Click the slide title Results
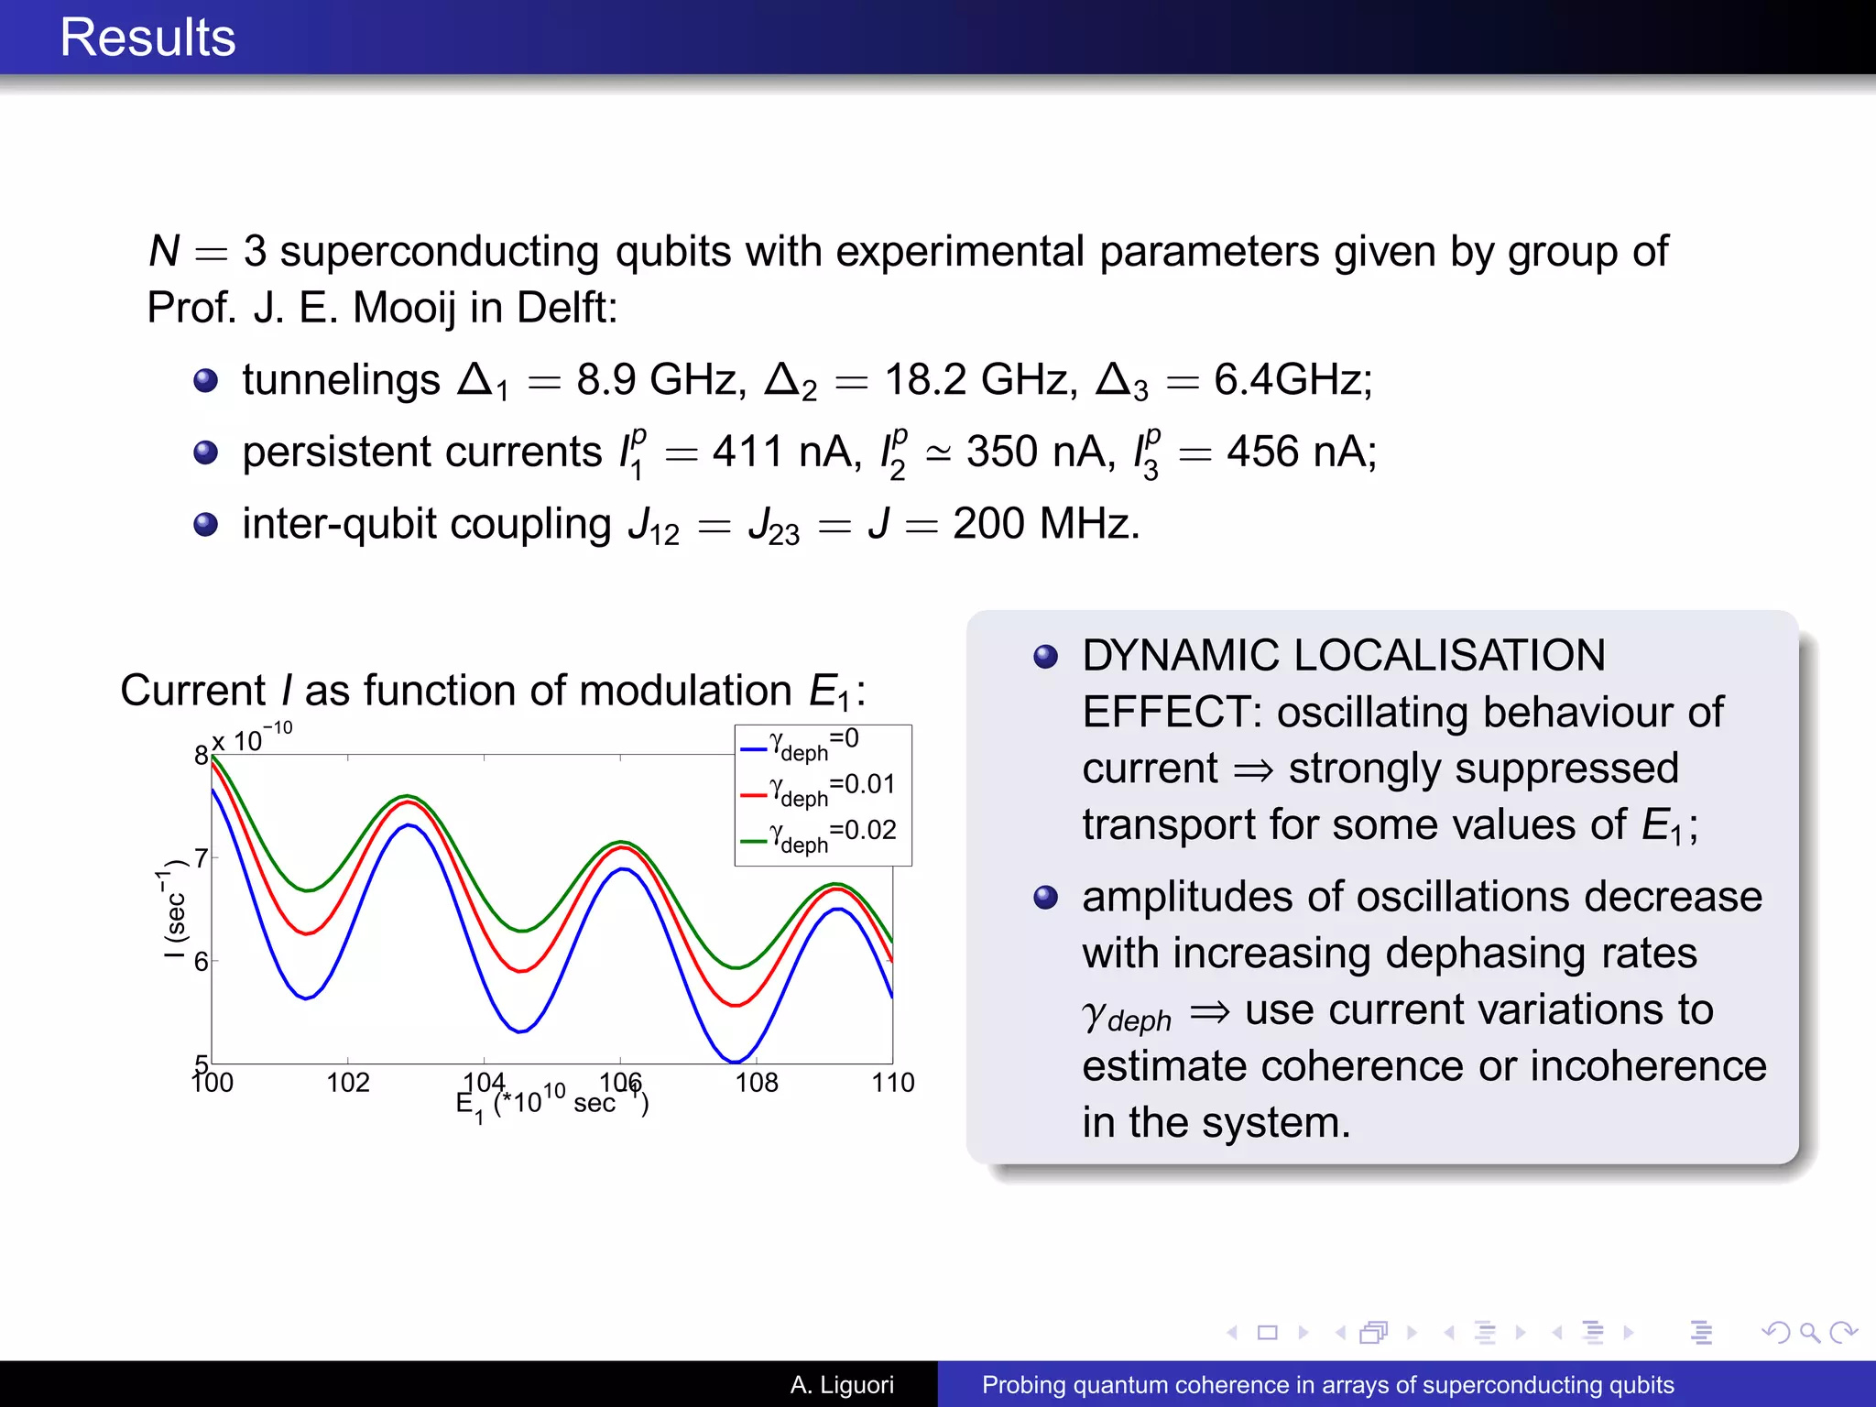[x=147, y=38]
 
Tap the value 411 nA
[x=786, y=452]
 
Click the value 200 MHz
[x=1044, y=524]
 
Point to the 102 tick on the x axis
[x=348, y=1083]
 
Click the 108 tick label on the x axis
[x=757, y=1083]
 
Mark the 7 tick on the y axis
[x=202, y=858]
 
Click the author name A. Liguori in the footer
[x=842, y=1384]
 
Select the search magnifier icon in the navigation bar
[x=1809, y=1333]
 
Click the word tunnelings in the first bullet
[x=341, y=379]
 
